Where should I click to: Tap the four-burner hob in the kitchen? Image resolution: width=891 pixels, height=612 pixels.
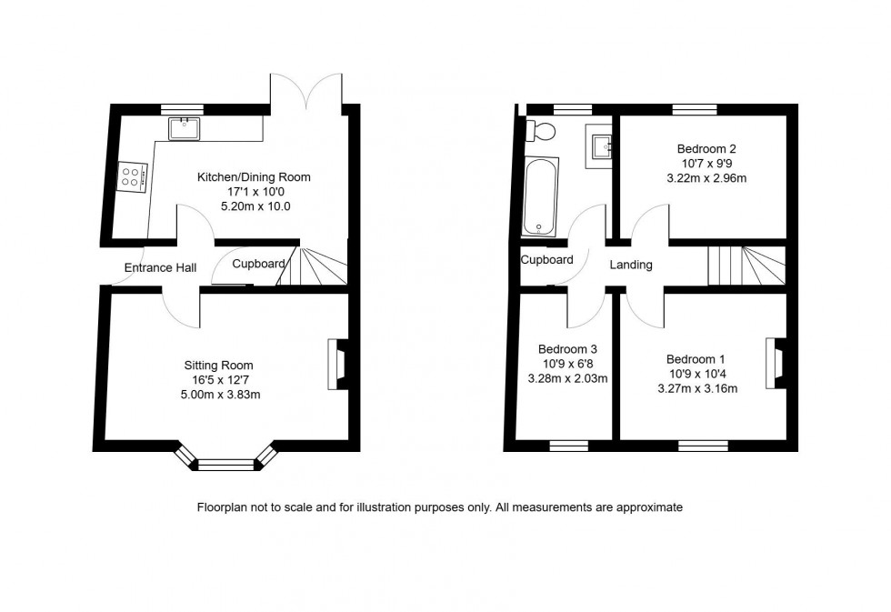click(133, 176)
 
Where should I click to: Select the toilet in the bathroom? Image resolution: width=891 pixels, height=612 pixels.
click(543, 131)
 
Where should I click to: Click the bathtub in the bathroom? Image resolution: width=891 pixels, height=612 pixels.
click(541, 196)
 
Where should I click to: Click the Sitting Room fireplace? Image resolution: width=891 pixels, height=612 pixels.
click(336, 365)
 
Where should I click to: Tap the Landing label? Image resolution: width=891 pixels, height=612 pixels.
click(631, 265)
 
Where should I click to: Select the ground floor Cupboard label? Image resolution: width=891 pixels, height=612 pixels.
click(259, 264)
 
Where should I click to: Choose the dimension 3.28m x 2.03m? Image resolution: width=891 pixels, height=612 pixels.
click(567, 378)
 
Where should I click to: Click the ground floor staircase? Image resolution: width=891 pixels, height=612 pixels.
click(314, 266)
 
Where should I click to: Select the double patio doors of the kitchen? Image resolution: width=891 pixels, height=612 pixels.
click(306, 91)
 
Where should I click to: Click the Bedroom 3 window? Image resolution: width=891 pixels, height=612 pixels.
click(569, 446)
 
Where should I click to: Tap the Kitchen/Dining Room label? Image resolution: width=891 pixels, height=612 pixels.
click(254, 177)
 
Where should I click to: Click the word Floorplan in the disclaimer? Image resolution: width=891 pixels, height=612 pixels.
click(222, 507)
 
